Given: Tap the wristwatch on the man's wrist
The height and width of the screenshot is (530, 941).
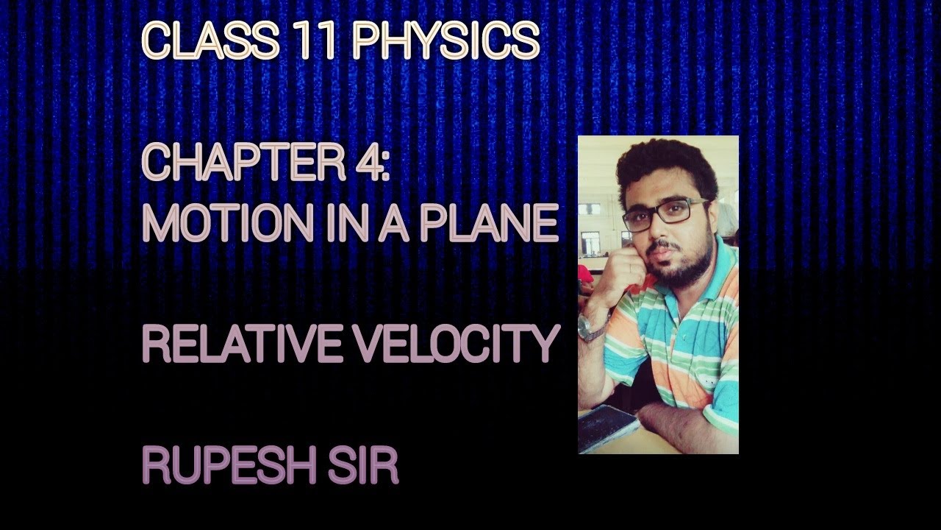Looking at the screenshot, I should click(x=593, y=328).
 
